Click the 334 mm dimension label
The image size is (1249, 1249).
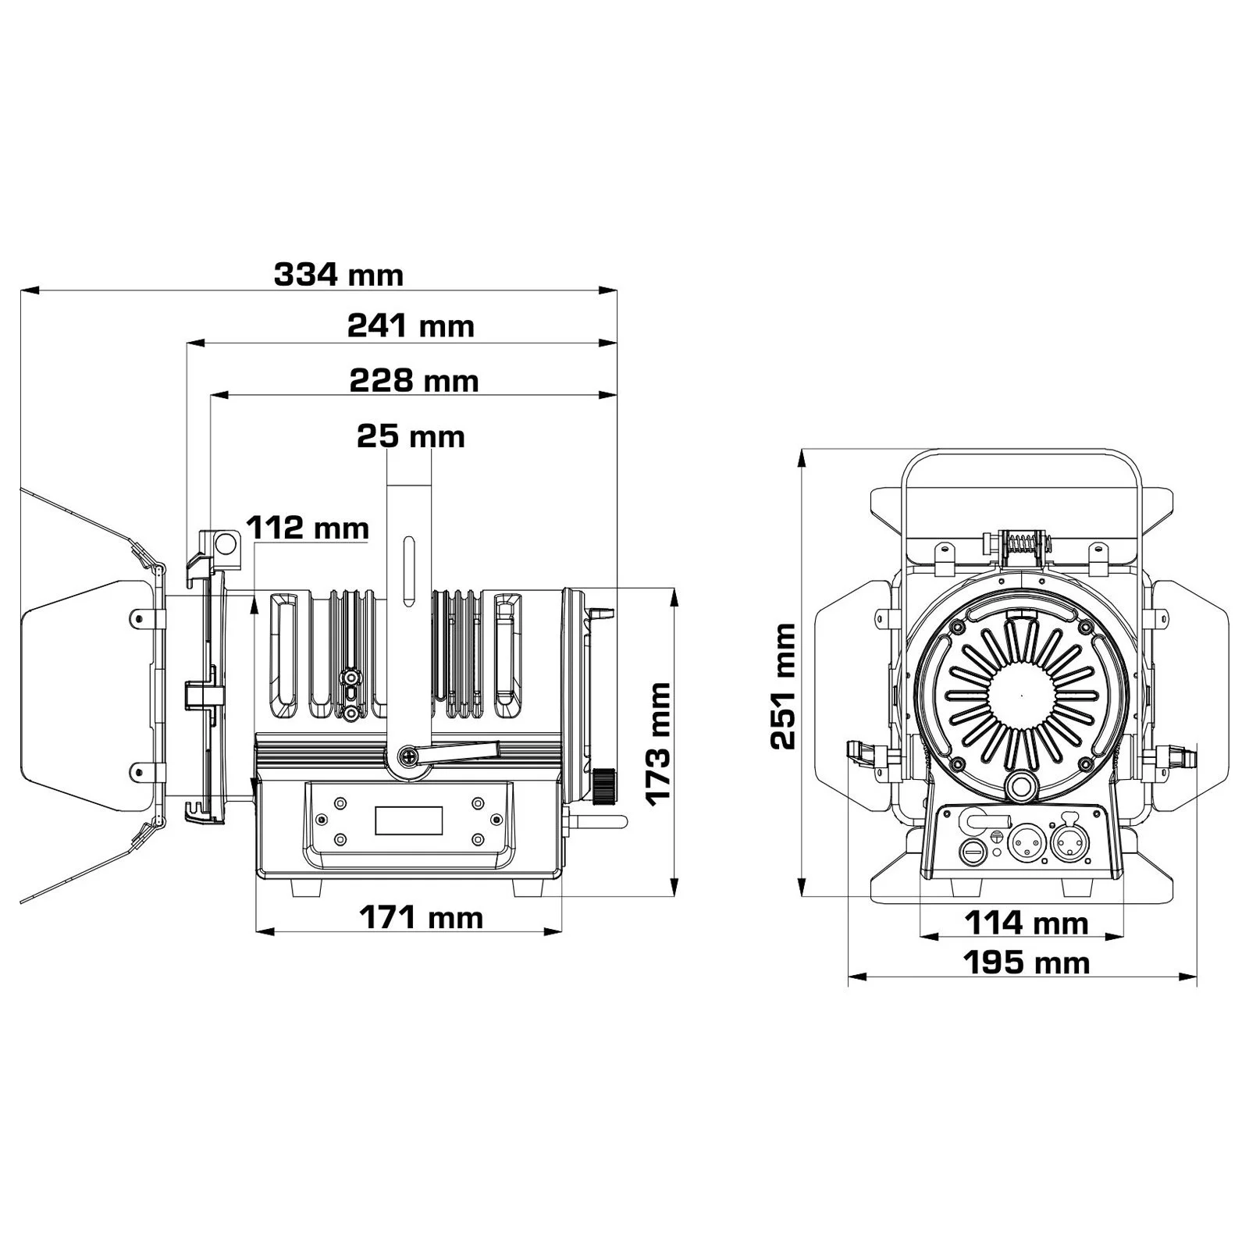(339, 275)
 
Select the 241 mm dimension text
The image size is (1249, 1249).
(411, 326)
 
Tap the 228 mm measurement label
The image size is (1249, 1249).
(414, 381)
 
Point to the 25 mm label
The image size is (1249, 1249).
(411, 436)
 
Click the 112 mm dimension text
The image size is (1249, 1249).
(308, 528)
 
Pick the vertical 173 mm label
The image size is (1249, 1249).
(659, 742)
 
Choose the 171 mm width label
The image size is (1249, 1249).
(421, 917)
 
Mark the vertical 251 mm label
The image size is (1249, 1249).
(783, 686)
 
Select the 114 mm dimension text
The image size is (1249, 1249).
(1027, 923)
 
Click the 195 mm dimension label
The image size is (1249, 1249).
(1027, 963)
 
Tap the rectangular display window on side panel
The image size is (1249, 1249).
(409, 820)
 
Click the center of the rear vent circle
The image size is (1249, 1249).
(1021, 694)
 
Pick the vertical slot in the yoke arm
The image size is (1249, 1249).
(407, 571)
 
